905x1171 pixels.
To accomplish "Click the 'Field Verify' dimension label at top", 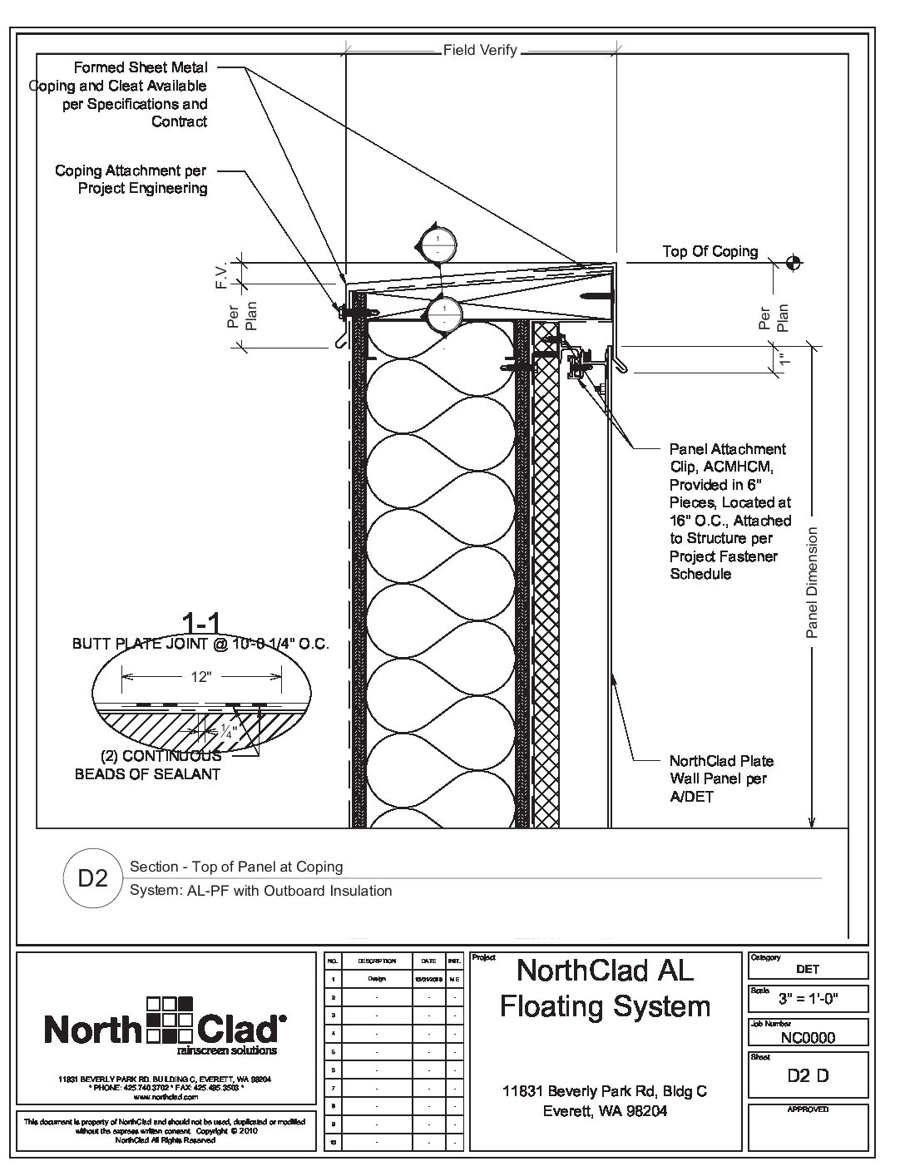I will click(x=480, y=51).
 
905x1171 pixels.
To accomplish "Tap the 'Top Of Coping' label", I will click(x=710, y=251).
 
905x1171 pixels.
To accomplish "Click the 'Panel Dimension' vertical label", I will click(x=813, y=582).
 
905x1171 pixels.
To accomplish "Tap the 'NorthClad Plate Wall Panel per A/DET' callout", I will click(x=720, y=778).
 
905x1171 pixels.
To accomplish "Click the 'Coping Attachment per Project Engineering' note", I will click(x=131, y=180).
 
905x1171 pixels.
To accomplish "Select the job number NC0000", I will click(x=808, y=1037).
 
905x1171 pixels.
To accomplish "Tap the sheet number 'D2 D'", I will click(x=808, y=1075).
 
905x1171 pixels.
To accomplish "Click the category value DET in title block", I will click(x=807, y=969).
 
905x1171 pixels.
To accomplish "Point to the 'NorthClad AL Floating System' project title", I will click(x=605, y=988).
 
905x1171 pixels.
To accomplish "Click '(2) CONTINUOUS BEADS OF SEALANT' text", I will click(x=148, y=765).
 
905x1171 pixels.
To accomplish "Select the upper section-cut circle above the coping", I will click(x=438, y=242).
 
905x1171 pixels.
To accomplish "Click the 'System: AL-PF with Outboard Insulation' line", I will click(x=260, y=891).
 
